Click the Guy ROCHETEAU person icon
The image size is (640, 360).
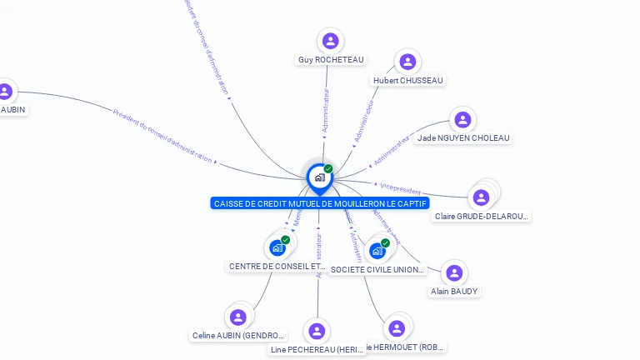click(x=331, y=41)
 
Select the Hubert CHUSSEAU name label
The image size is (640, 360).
click(x=408, y=80)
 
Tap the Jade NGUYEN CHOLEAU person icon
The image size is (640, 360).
click(x=462, y=120)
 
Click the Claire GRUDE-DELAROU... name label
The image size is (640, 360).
click(x=482, y=217)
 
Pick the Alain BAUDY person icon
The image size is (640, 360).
click(x=454, y=272)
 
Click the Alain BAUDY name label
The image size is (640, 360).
click(x=454, y=292)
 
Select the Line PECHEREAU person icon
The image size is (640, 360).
click(x=317, y=331)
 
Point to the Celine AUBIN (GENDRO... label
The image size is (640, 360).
click(x=239, y=336)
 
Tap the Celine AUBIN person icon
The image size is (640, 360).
click(x=238, y=317)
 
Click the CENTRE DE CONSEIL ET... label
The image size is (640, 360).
click(x=276, y=267)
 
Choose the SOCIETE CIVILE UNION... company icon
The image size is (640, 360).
click(x=377, y=251)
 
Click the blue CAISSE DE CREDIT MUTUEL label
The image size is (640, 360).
click(x=321, y=203)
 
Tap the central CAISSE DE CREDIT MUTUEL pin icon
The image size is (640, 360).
click(x=319, y=177)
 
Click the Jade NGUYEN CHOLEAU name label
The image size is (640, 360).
click(x=463, y=138)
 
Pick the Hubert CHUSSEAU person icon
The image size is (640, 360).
click(x=407, y=62)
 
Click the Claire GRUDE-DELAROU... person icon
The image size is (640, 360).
click(x=481, y=197)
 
